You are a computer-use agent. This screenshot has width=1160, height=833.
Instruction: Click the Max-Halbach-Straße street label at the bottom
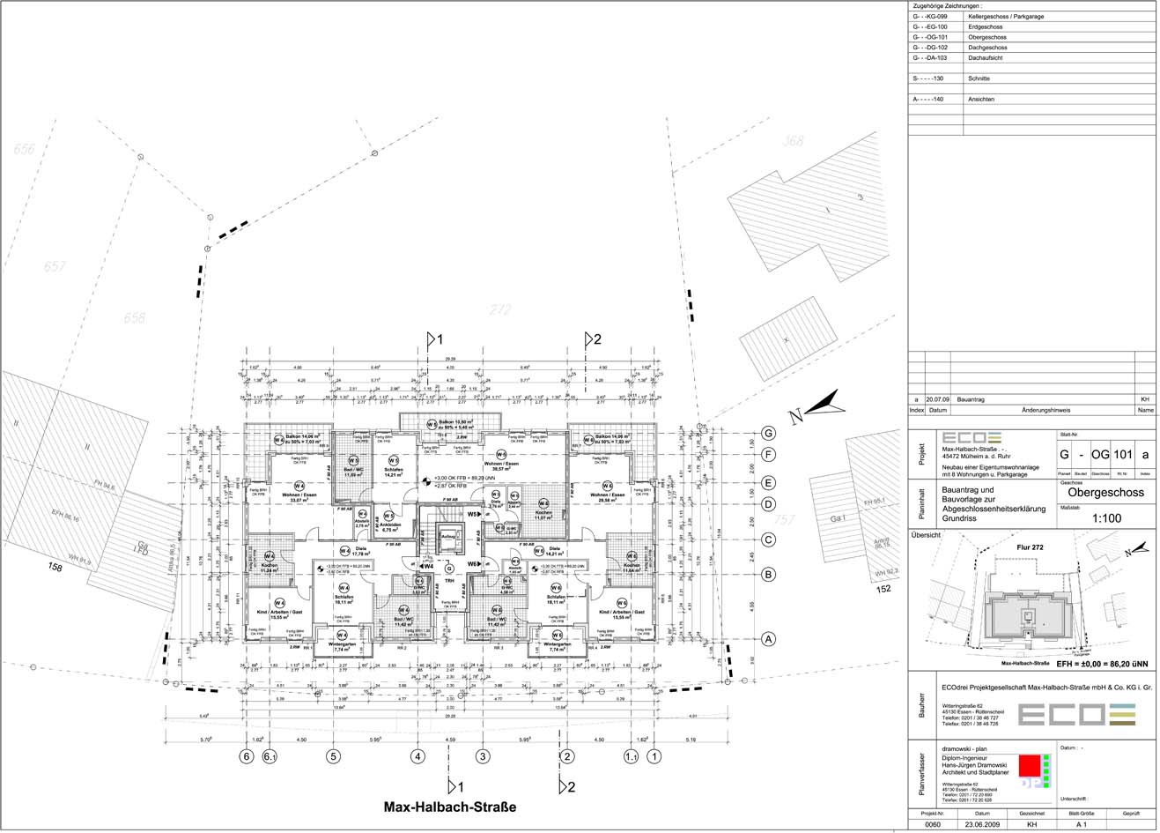tap(449, 807)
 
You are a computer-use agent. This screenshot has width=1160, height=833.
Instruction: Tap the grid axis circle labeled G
tap(768, 433)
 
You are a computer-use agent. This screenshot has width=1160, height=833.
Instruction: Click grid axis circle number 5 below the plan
tap(333, 755)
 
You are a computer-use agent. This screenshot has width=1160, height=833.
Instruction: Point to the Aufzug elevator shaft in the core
tap(447, 535)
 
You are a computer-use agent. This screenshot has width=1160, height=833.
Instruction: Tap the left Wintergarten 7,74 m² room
tap(342, 647)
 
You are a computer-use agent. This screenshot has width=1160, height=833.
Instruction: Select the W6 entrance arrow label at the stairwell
tap(475, 563)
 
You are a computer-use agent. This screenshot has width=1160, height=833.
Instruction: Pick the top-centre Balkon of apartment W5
tap(447, 424)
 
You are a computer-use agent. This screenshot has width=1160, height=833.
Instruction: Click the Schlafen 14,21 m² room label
tap(393, 472)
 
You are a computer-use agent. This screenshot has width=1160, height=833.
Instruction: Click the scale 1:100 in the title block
tap(1105, 518)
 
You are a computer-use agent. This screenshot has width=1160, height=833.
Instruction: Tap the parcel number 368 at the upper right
tap(794, 141)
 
